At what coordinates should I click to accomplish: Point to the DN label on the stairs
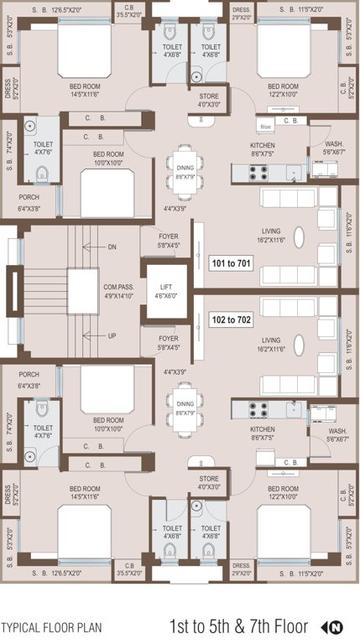[112, 247]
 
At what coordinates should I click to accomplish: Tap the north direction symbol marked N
[336, 626]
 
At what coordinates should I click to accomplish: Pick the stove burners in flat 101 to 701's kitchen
[258, 173]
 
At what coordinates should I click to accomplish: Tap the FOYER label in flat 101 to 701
[169, 241]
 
